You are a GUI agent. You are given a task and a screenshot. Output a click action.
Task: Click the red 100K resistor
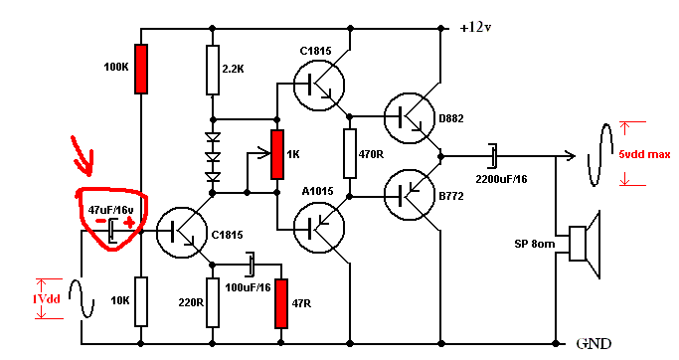tap(141, 69)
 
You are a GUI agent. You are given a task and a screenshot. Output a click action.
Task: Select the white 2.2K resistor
tap(212, 70)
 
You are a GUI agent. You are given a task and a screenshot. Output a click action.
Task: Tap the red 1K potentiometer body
tap(277, 154)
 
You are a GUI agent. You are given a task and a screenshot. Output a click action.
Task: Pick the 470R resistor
tap(350, 153)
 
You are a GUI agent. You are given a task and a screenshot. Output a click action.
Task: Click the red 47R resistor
tap(281, 303)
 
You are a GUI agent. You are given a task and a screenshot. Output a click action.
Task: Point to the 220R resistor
tap(212, 302)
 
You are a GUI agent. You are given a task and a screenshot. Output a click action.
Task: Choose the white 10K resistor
tap(141, 301)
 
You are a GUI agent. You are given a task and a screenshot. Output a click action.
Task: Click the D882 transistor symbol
tap(410, 117)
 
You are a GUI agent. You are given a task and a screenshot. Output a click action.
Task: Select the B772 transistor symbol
tap(410, 195)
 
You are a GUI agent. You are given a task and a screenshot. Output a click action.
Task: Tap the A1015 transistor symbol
tap(319, 228)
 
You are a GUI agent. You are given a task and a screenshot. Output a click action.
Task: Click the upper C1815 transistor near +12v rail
tap(319, 85)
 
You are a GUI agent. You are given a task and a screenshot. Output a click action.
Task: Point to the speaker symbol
tap(585, 244)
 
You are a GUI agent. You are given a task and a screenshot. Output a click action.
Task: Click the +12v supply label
tap(475, 27)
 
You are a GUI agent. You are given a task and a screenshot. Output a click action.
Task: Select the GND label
tap(594, 344)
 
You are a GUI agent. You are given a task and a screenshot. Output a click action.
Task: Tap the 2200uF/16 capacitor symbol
tap(493, 156)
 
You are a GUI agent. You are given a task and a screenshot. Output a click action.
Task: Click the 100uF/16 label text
tap(248, 287)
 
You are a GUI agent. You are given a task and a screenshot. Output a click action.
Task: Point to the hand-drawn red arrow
tap(83, 156)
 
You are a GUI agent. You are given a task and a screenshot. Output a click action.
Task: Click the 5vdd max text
tap(644, 154)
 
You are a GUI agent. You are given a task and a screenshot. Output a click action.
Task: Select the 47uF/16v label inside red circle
tap(111, 210)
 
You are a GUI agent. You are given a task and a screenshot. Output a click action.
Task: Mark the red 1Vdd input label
tap(46, 299)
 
